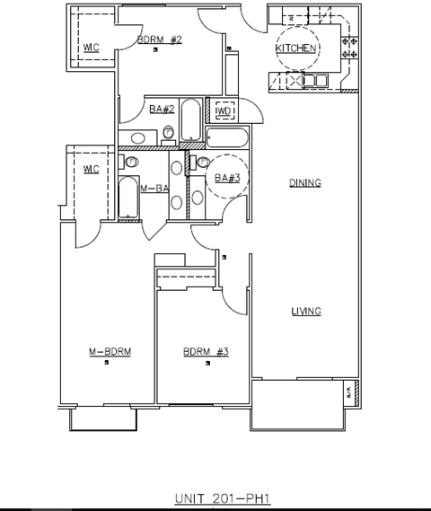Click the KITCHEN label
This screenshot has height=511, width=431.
point(295,48)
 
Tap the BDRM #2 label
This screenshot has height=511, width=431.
point(160,40)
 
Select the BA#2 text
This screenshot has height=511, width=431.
point(161,109)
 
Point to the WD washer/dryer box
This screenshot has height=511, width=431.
point(224,110)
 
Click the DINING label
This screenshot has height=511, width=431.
point(304,182)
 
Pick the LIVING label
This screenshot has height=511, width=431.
point(305,312)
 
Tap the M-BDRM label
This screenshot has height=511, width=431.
point(109,351)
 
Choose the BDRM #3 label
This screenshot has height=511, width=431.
point(206,351)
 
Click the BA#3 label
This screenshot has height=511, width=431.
point(224,177)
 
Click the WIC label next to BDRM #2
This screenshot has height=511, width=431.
point(91,47)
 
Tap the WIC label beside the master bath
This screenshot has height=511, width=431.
point(90,169)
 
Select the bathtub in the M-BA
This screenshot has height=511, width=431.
point(128,197)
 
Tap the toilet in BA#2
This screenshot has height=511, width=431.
point(168,136)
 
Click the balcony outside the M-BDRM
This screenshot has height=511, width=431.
point(101,418)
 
